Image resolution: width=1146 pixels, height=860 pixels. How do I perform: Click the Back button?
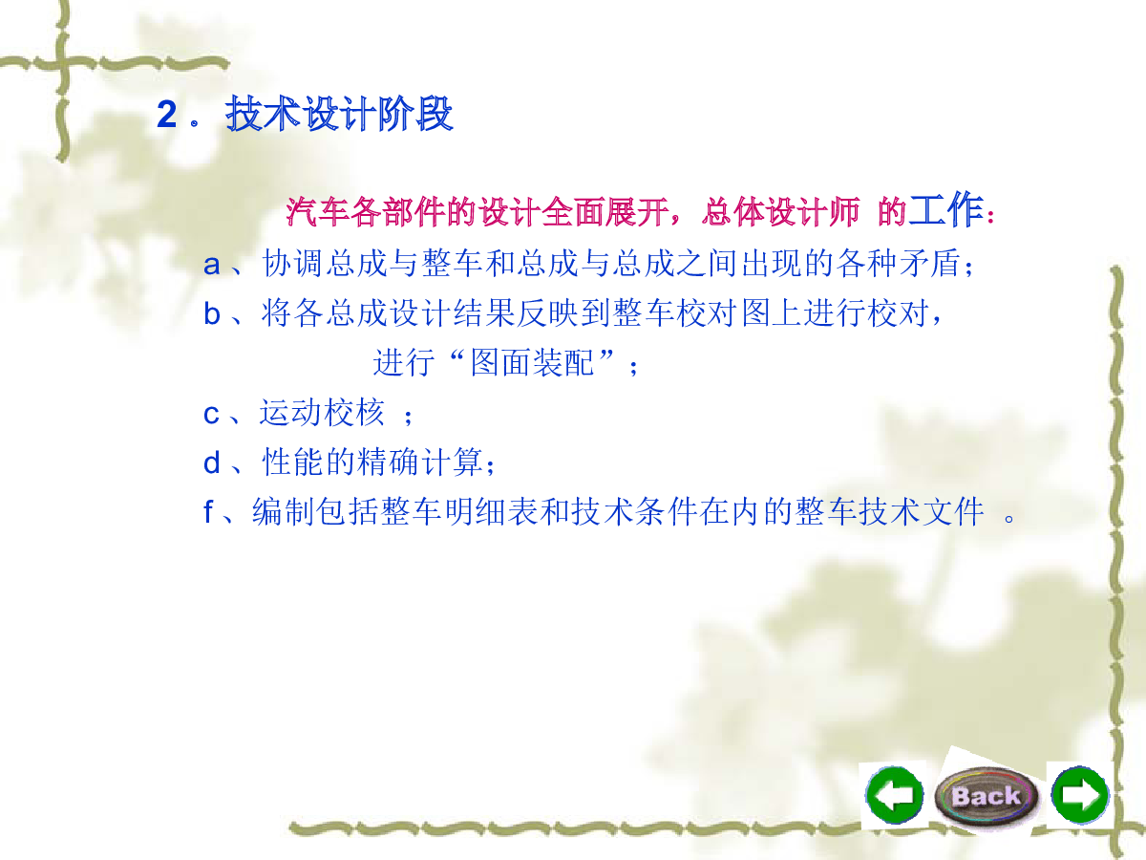pos(986,796)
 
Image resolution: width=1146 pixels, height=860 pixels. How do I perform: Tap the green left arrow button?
pos(894,795)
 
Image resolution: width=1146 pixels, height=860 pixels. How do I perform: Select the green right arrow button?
pos(1080,795)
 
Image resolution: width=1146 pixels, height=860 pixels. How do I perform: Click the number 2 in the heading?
pos(166,115)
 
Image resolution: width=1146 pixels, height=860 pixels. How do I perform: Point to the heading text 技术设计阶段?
pos(339,114)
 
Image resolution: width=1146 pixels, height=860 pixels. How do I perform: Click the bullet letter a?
pos(211,265)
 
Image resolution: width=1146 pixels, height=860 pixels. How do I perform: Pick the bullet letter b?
pos(211,313)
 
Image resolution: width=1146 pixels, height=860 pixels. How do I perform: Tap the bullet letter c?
pos(211,415)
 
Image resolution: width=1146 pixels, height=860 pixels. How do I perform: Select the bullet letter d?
pos(211,462)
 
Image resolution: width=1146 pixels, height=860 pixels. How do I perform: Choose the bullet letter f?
pos(208,511)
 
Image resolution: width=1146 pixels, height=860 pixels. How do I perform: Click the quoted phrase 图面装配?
pos(532,362)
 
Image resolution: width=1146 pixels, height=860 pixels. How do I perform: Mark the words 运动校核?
pos(322,413)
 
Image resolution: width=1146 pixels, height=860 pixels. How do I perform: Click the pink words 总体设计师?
pos(780,212)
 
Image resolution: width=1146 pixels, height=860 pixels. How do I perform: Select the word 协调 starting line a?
pos(292,262)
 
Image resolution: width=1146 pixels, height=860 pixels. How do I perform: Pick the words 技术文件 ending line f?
pos(922,511)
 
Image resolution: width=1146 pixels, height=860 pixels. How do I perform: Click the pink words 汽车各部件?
pos(365,212)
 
